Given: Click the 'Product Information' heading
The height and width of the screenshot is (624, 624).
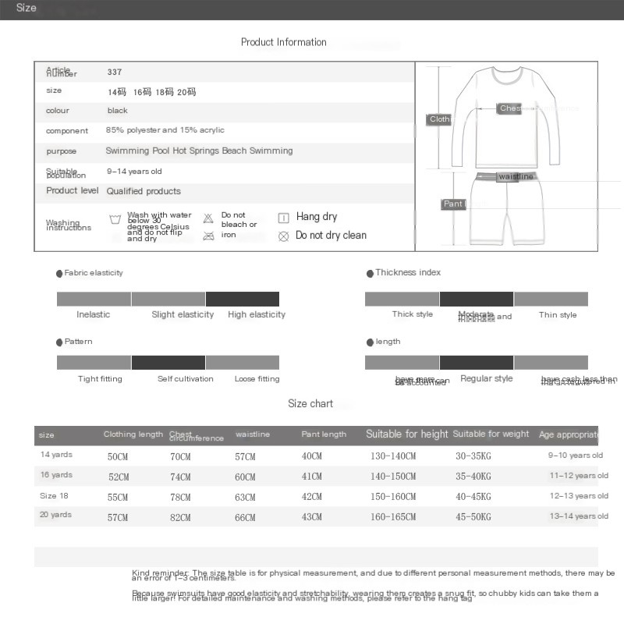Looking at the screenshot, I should (x=283, y=42).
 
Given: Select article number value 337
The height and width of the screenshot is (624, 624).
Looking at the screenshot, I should (x=115, y=72).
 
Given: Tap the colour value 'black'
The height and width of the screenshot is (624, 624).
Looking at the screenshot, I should (x=117, y=111).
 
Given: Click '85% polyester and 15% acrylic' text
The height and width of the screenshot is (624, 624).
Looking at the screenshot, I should (x=165, y=130).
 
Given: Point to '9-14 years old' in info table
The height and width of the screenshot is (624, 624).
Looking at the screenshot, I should (x=134, y=171).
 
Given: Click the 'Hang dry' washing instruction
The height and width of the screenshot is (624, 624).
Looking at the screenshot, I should (x=316, y=217).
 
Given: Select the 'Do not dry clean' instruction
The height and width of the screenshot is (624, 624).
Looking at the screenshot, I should (x=330, y=235).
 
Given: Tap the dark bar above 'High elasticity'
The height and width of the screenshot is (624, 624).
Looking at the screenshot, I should (x=243, y=299).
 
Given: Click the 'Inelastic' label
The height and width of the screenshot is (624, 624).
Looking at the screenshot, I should (x=94, y=314).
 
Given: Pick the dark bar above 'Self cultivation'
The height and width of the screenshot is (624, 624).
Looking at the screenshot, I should (x=168, y=363).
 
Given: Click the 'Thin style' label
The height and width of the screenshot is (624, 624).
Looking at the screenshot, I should (x=558, y=314).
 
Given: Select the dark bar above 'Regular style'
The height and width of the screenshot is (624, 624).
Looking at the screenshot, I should (x=477, y=363).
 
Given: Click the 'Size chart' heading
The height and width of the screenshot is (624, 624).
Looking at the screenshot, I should (x=310, y=403).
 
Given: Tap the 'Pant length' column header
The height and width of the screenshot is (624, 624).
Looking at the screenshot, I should (x=324, y=434).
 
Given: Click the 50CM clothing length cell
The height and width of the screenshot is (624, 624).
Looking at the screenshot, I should (x=118, y=456).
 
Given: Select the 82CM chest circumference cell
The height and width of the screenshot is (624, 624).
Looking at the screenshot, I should (x=180, y=517).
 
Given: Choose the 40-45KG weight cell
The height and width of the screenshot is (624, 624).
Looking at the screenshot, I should (x=473, y=497).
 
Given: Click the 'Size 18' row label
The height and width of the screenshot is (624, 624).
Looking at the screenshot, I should (x=54, y=496).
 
